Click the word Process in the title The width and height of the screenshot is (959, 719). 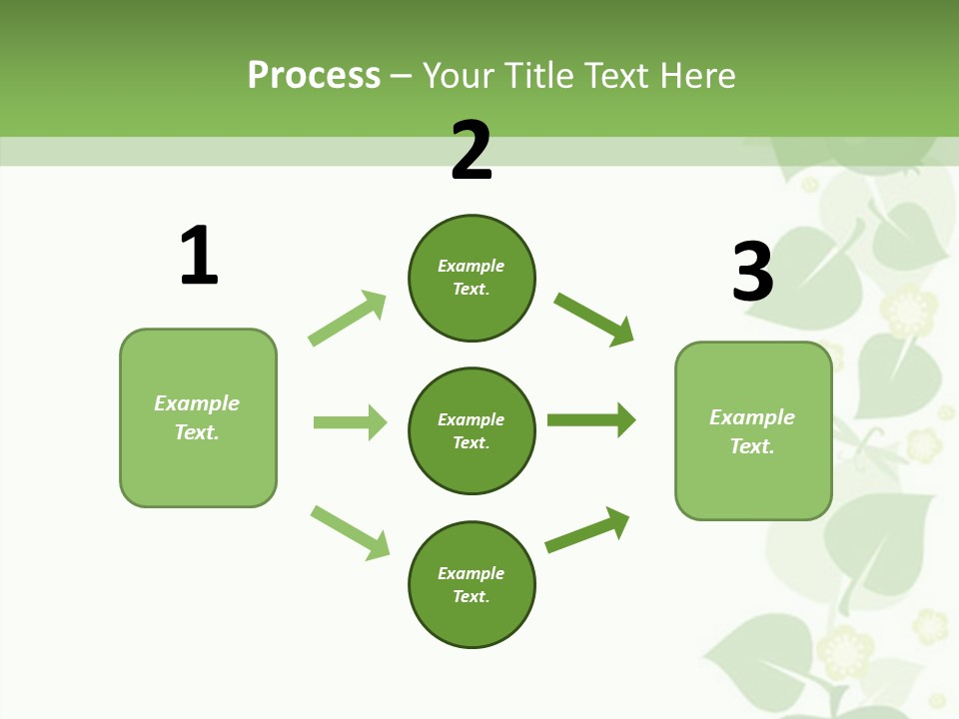(314, 76)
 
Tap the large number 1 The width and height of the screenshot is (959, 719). (199, 256)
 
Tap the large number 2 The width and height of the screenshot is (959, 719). (472, 151)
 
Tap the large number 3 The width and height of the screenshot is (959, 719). (752, 271)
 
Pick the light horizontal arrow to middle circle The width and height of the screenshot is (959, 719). (350, 422)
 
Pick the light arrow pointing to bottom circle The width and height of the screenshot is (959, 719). (350, 533)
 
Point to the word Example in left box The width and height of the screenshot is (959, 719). (197, 403)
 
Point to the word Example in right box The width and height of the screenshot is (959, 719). (752, 417)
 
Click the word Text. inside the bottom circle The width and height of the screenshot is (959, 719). (472, 596)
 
